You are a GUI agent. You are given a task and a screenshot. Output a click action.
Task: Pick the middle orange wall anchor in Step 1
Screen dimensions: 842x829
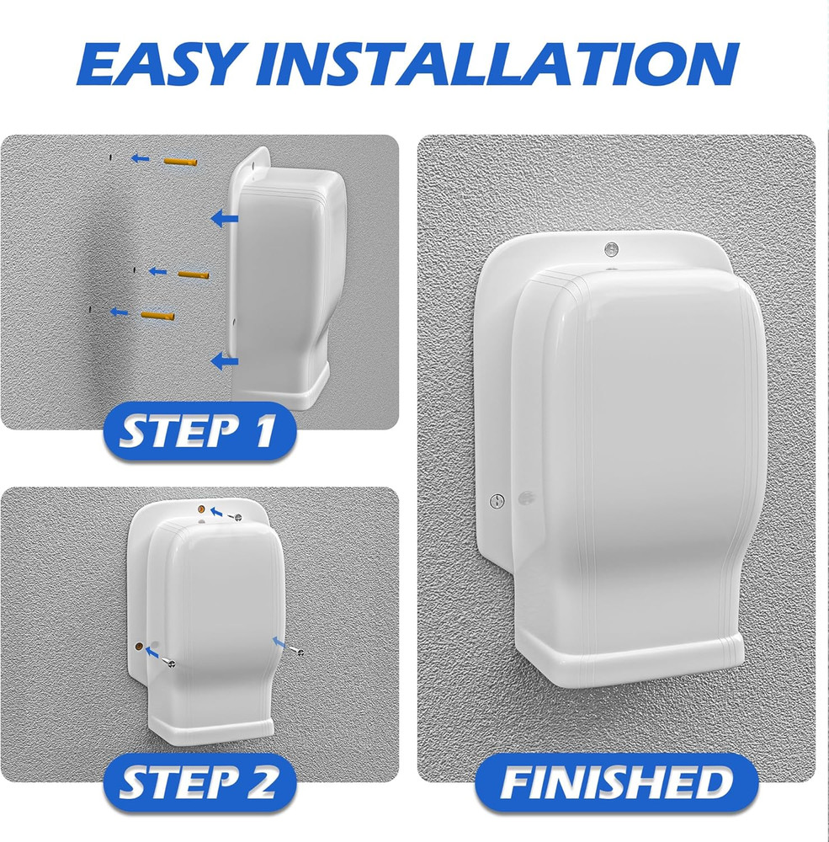click(192, 274)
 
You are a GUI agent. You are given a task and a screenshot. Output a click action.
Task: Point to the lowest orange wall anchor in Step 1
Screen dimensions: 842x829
click(157, 315)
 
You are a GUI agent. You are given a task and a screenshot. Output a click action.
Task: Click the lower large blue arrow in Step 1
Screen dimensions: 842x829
click(224, 362)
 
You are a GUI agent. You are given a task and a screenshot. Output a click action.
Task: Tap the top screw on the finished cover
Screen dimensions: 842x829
click(611, 248)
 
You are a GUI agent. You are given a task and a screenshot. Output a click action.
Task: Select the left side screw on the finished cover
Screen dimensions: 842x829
click(497, 501)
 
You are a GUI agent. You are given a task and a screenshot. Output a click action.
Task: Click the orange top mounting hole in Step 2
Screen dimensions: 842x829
click(201, 510)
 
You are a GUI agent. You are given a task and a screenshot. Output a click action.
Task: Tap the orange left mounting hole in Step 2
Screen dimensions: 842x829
click(138, 646)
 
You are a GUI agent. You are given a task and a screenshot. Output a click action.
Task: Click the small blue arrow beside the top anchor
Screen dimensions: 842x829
click(142, 157)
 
